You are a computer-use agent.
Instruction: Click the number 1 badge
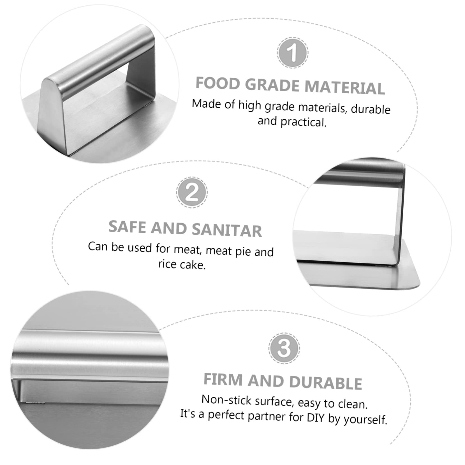click(292, 52)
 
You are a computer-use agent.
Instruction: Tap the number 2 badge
click(192, 192)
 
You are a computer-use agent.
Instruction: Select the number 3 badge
click(284, 348)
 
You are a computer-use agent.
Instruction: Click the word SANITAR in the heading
click(227, 230)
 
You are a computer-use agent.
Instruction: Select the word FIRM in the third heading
click(223, 380)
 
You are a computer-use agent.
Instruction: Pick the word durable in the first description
click(370, 109)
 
